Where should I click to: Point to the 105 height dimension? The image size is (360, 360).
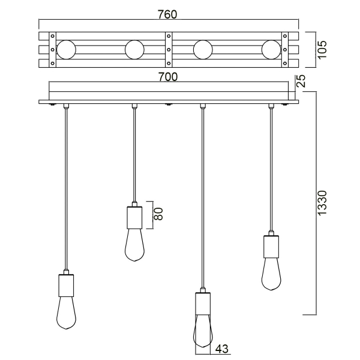(322, 49)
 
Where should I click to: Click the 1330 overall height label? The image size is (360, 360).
(322, 204)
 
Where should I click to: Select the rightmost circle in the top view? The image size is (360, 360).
(271, 49)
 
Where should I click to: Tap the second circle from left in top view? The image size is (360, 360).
(134, 49)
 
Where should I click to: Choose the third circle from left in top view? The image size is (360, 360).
(203, 49)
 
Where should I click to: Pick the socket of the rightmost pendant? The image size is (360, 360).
(271, 246)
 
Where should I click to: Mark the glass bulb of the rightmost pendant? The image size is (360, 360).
(271, 273)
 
